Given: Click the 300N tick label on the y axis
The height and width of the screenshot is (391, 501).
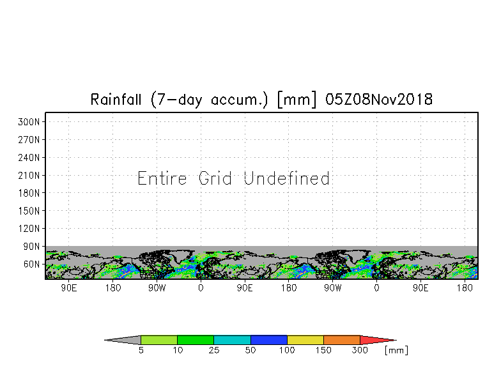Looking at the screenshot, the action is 29,122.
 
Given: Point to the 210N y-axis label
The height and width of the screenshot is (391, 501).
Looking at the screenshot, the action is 29,175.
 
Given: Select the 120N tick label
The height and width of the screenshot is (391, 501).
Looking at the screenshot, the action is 29,229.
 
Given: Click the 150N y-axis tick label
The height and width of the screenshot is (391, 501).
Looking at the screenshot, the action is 29,211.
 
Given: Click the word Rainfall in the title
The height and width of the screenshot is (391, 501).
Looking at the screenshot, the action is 116,100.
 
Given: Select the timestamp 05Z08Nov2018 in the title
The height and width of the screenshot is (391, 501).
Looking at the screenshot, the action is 378,100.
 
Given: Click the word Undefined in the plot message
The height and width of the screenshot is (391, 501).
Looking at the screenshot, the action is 286,178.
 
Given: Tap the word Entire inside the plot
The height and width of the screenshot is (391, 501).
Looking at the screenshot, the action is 162,178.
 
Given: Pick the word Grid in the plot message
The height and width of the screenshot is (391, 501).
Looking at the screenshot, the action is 215,178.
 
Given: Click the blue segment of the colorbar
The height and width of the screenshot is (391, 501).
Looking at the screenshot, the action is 268,340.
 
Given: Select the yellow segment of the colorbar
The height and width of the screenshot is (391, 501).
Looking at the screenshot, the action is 305,340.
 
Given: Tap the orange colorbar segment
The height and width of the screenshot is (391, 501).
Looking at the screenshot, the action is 341,340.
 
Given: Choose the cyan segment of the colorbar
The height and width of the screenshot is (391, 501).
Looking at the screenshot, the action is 232,340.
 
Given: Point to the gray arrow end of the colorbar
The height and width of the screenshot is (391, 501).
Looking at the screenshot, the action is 123,340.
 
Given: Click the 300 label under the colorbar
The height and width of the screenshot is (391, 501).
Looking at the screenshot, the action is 360,350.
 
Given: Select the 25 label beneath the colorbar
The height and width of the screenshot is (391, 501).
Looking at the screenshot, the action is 213,350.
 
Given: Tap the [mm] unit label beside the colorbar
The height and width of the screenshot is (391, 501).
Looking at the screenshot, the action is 396,350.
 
